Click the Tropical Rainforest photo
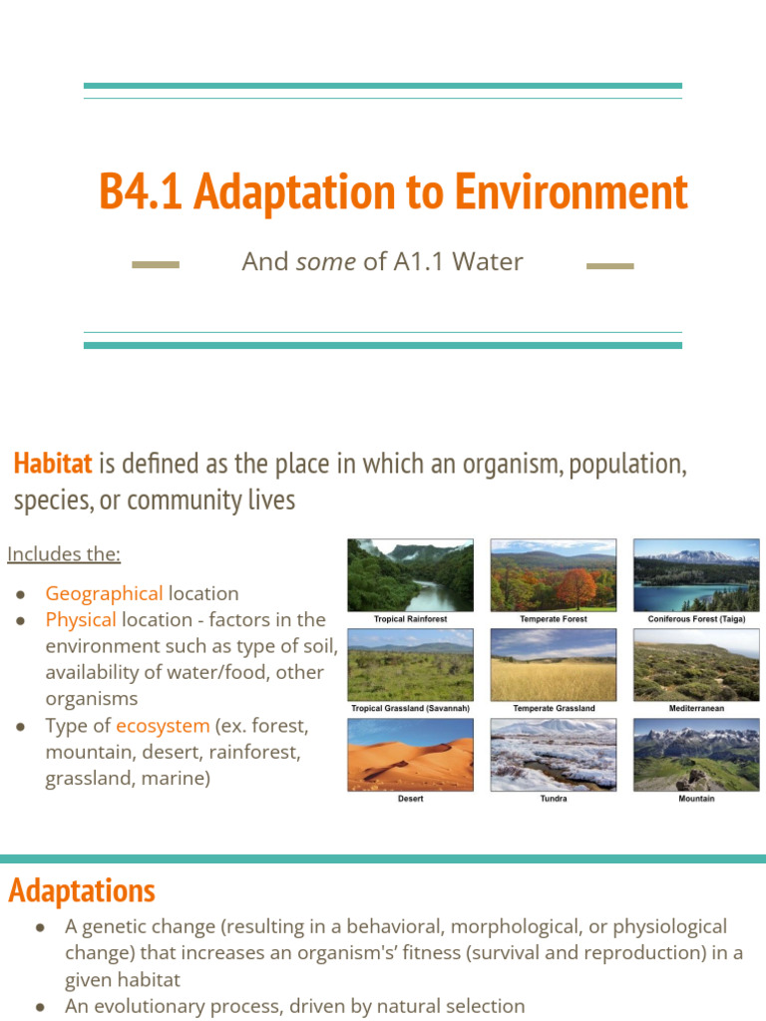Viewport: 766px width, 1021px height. coord(410,575)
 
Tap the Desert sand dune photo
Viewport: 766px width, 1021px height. coord(410,755)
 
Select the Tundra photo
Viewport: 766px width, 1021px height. coord(554,755)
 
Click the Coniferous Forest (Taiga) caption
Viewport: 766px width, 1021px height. coord(696,619)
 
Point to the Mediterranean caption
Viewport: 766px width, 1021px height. coord(696,709)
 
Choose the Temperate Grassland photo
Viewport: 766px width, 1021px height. coord(554,665)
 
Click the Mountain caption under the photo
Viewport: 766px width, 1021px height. coord(696,799)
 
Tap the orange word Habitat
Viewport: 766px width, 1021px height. coord(53,464)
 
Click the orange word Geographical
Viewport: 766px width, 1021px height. coord(104,593)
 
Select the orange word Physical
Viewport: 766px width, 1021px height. coord(81,619)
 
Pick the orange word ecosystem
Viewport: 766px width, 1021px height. coord(163,725)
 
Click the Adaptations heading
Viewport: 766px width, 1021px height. coord(82,890)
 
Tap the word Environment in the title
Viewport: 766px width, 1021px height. coord(571,191)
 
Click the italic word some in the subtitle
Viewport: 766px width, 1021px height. coord(326,262)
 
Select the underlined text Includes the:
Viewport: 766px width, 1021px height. coord(64,553)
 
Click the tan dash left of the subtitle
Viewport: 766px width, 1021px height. coord(156,265)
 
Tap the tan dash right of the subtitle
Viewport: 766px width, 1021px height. coord(609,266)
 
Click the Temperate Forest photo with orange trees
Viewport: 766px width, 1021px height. coord(554,575)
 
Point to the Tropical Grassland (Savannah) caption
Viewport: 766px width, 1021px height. coord(410,709)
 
